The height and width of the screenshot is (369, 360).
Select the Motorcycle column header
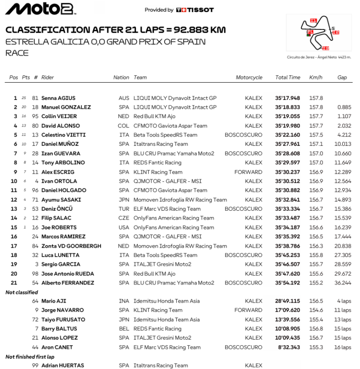pos(249,78)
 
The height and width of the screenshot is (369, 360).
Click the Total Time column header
pos(288,78)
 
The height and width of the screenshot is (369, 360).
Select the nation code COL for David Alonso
pos(123,126)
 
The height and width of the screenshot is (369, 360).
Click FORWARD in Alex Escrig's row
pos(248,172)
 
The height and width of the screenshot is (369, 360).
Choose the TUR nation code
pos(123,209)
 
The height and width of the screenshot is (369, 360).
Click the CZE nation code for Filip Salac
pos(123,218)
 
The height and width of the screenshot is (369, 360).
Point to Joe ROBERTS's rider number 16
pos(35,227)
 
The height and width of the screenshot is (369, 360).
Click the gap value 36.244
pos(342,283)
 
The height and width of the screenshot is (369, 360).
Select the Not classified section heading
pos(22,292)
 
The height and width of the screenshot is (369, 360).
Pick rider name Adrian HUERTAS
pos(63,366)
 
